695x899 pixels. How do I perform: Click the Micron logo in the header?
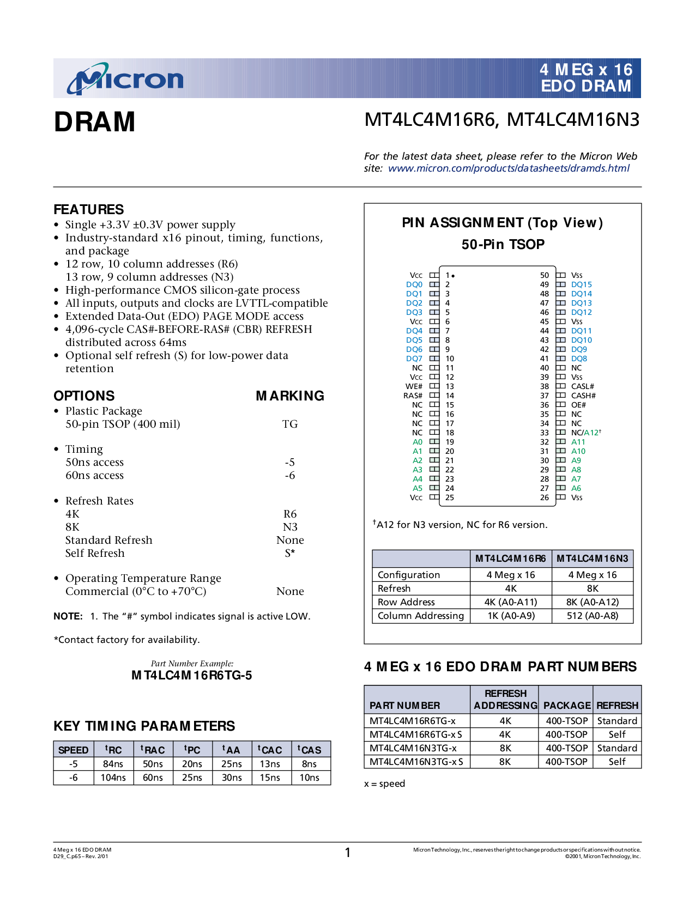point(125,80)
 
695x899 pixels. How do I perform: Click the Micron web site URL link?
point(509,168)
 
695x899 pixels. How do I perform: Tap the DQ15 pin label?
point(581,284)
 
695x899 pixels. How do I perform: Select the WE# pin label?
point(414,386)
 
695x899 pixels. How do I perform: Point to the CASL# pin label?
point(582,386)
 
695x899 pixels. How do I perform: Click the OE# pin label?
point(578,405)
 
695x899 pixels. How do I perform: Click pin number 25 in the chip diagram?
point(450,497)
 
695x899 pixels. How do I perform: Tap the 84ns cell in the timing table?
point(113,764)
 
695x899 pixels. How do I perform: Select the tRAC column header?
point(153,750)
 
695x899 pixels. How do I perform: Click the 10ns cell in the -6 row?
point(309,777)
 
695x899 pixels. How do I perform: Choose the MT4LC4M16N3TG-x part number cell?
point(413,748)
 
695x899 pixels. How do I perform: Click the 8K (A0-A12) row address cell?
point(593,602)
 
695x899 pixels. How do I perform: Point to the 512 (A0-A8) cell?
point(593,616)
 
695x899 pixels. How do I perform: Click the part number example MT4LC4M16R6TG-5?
point(192,676)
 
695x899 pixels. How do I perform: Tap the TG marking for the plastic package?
point(290,424)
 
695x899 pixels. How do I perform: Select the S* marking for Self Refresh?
point(290,554)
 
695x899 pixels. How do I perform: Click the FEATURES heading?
point(88,210)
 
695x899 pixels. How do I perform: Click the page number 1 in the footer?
point(348,853)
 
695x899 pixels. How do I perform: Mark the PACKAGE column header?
point(567,706)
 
